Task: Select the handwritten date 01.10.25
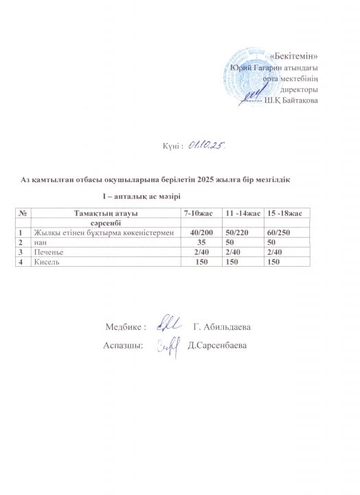(x=209, y=145)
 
